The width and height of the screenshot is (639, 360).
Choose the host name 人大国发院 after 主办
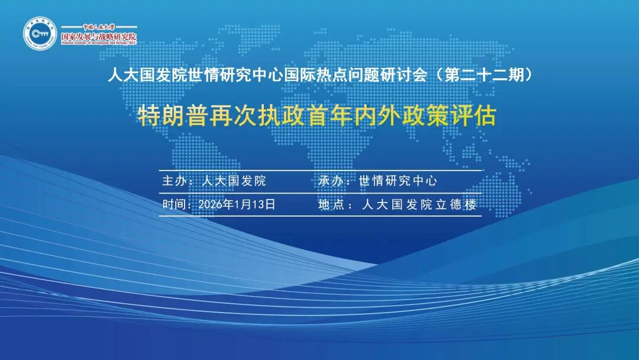(234, 181)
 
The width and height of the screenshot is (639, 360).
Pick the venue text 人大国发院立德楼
(419, 205)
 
